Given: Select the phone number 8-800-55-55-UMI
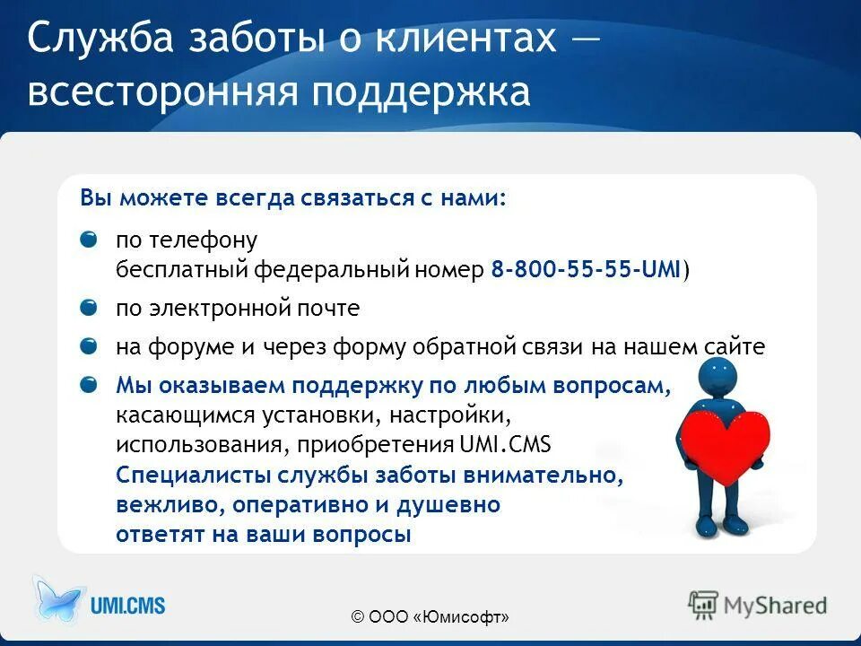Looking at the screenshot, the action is click(x=586, y=270).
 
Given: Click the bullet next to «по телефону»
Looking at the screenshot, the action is click(x=89, y=240).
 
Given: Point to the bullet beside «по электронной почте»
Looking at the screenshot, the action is click(x=89, y=308).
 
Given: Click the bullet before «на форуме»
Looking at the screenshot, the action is click(x=89, y=346).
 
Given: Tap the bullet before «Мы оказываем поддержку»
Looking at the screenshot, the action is click(x=89, y=385).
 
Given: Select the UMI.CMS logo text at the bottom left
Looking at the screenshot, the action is click(x=127, y=606).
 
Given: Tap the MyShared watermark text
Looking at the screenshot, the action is click(x=775, y=606).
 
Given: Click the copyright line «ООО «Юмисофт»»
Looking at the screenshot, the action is click(x=430, y=616).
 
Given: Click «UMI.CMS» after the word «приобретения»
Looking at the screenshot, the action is click(x=517, y=446).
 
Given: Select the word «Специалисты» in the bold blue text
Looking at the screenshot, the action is click(x=188, y=475).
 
